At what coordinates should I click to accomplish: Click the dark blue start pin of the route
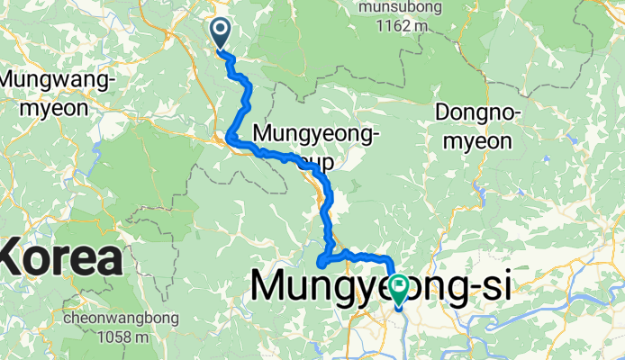(221, 34)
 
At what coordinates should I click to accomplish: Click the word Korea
(61, 259)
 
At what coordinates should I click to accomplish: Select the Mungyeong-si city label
(382, 287)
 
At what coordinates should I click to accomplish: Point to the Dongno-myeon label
(474, 127)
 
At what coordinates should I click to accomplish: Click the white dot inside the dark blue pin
(221, 30)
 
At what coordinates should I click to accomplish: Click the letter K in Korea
(19, 259)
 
